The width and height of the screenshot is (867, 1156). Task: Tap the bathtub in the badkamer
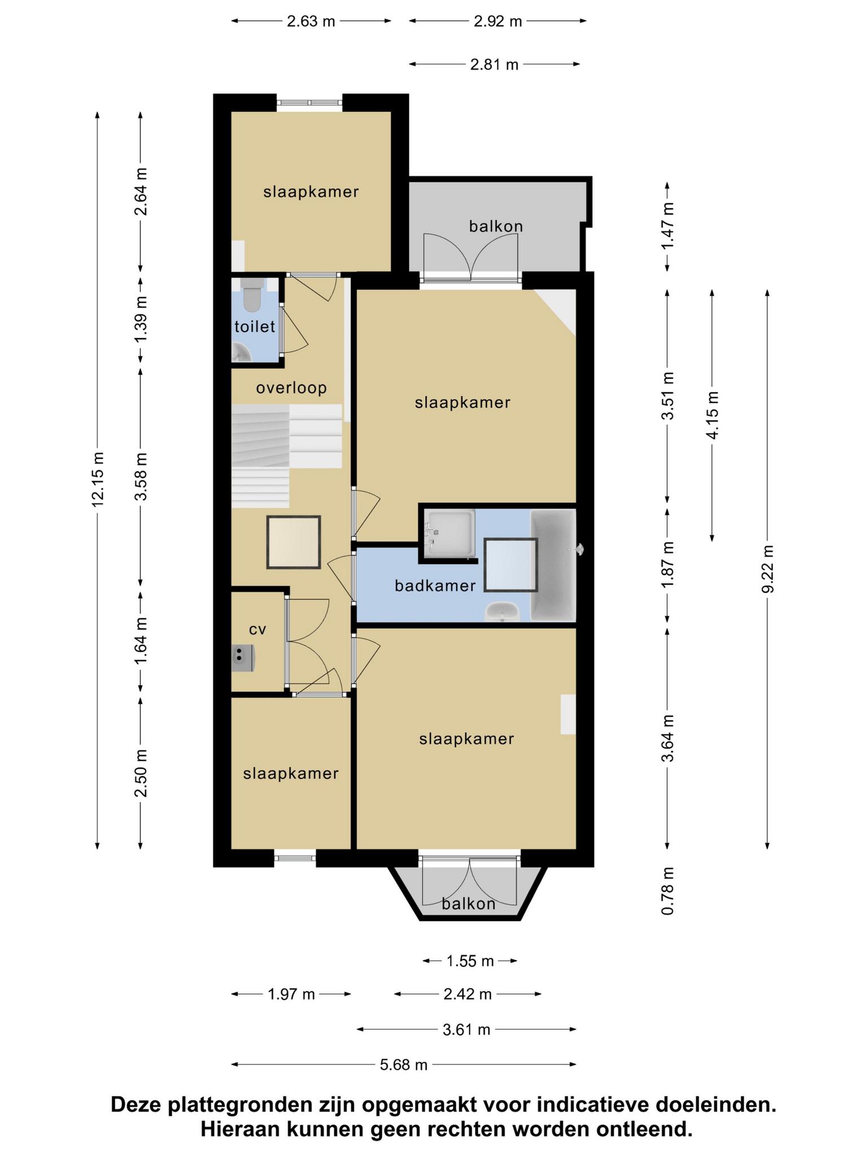(553, 565)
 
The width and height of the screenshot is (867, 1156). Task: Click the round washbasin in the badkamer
(503, 611)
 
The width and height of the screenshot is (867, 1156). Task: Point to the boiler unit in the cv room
(243, 658)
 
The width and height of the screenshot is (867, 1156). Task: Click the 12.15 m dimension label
(98, 479)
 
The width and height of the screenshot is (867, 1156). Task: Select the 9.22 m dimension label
(767, 569)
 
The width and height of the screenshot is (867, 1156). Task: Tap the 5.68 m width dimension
(404, 1065)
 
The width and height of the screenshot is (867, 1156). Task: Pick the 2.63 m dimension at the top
(311, 21)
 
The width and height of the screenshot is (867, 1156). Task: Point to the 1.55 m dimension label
(470, 961)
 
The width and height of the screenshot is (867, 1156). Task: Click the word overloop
(291, 388)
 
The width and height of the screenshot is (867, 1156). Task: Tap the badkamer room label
(435, 586)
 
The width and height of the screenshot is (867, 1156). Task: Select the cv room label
(257, 629)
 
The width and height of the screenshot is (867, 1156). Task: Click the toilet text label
(255, 326)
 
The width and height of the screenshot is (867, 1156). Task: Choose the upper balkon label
(496, 226)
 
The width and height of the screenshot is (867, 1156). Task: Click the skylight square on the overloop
(294, 542)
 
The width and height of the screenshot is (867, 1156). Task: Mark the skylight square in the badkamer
(511, 564)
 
